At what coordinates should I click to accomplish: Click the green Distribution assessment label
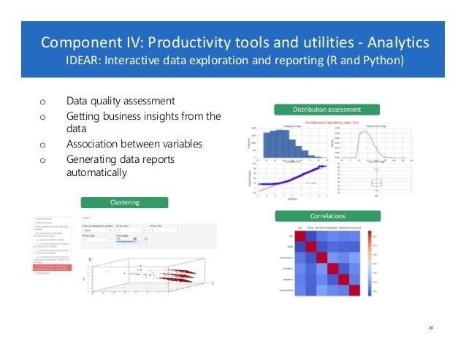(326, 110)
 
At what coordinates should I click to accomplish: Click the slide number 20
(431, 328)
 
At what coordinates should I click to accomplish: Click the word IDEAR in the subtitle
(85, 59)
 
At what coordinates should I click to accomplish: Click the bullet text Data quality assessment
(121, 101)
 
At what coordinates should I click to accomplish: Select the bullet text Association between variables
(134, 144)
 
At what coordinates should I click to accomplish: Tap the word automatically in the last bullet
(96, 173)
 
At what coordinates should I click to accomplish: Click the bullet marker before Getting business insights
(42, 116)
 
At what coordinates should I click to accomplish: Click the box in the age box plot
(376, 183)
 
